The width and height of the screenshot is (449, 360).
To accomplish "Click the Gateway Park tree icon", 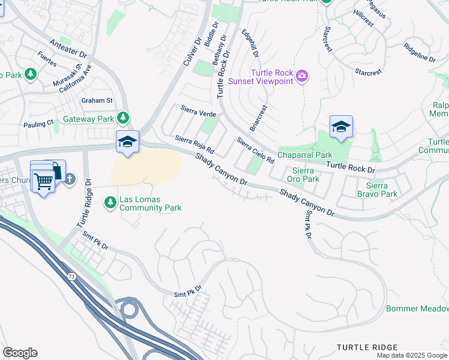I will point(123,118).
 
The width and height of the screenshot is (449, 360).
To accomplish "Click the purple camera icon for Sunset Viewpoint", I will point(302,76).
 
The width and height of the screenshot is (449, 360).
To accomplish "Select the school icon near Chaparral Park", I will point(341,127).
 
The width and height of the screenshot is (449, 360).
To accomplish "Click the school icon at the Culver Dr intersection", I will point(127,142).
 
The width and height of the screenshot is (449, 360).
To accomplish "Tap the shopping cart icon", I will point(43,179).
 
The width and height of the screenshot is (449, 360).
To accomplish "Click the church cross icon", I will point(70,178).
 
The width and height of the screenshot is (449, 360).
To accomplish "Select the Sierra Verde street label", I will point(199,111).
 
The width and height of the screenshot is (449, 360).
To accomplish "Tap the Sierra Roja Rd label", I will point(194,145).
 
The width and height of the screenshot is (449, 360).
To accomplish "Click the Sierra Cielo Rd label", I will point(255,151).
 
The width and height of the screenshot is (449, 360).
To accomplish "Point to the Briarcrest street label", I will point(259,119).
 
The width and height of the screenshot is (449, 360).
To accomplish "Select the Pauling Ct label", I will point(38,124).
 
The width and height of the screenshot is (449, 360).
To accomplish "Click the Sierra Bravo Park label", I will point(378,190).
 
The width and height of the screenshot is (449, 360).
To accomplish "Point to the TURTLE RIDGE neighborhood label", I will point(367,347).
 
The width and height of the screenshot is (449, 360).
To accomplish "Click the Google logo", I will point(20,353).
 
